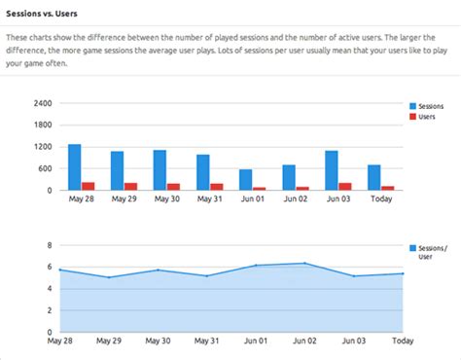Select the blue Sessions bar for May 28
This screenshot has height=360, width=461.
pos(74,167)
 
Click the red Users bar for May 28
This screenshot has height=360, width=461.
pos(89,186)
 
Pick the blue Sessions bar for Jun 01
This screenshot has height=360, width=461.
pos(245,180)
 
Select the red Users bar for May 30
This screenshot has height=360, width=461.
pos(174,187)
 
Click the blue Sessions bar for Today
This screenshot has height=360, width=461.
pos(374,177)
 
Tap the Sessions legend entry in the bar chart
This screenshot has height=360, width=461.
pos(431,105)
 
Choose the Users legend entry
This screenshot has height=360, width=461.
pos(427,117)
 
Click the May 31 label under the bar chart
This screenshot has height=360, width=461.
pos(210,199)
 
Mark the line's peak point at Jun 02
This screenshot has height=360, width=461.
pos(304,263)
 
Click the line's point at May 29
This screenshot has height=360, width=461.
pos(108,277)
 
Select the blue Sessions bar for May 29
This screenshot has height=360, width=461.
pos(117,170)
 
